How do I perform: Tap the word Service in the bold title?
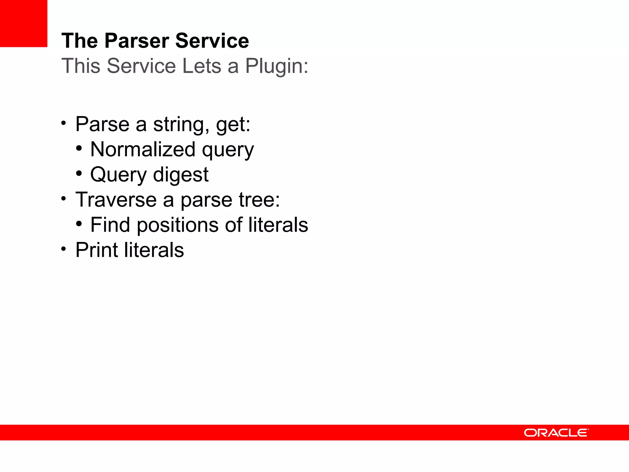(212, 41)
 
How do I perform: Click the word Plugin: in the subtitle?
(276, 66)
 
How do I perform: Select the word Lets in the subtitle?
(201, 66)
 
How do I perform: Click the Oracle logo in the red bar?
(556, 433)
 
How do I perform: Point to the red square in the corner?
(24, 23)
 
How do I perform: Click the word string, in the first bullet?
(181, 124)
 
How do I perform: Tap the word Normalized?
(143, 150)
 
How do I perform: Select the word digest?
(181, 175)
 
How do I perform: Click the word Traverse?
(116, 200)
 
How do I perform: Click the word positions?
(178, 225)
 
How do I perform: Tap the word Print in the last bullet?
(96, 250)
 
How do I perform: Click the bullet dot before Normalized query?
(79, 148)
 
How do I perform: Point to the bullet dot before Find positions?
(79, 224)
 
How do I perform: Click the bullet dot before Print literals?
(64, 249)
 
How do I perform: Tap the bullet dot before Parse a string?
(64, 123)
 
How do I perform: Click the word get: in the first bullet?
(233, 124)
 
